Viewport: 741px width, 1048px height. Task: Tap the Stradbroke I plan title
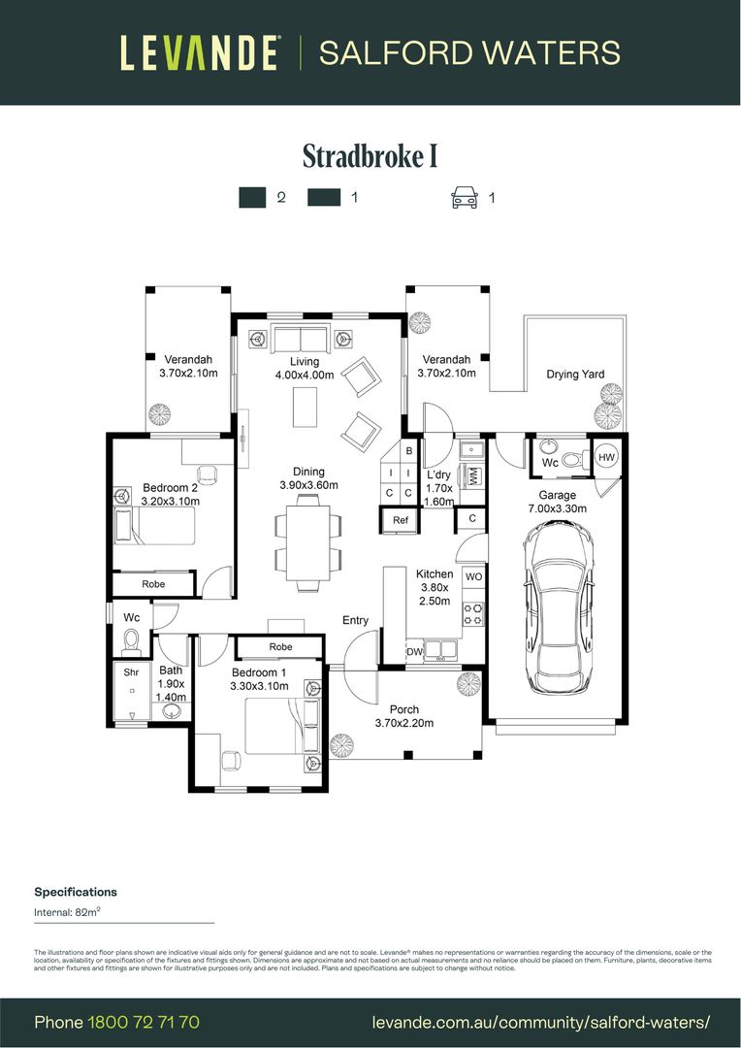[x=370, y=156]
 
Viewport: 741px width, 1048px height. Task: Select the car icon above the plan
[x=465, y=198]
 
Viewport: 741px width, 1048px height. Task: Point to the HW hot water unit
[x=606, y=457]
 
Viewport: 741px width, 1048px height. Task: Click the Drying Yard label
[x=574, y=374]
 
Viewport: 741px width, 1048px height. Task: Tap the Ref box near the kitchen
[x=401, y=520]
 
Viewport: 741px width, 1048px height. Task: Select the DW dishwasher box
[x=414, y=652]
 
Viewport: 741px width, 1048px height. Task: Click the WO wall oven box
[x=473, y=576]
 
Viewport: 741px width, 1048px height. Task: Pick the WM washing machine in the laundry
[x=473, y=476]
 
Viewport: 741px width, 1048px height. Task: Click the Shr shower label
[x=130, y=671]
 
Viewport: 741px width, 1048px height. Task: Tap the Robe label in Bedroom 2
[x=153, y=584]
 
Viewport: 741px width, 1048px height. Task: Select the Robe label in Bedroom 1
[x=280, y=646]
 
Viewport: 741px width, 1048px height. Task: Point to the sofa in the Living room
[x=300, y=340]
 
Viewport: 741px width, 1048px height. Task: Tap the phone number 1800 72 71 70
[x=144, y=1022]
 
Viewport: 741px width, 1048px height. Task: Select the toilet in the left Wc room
[x=132, y=640]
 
